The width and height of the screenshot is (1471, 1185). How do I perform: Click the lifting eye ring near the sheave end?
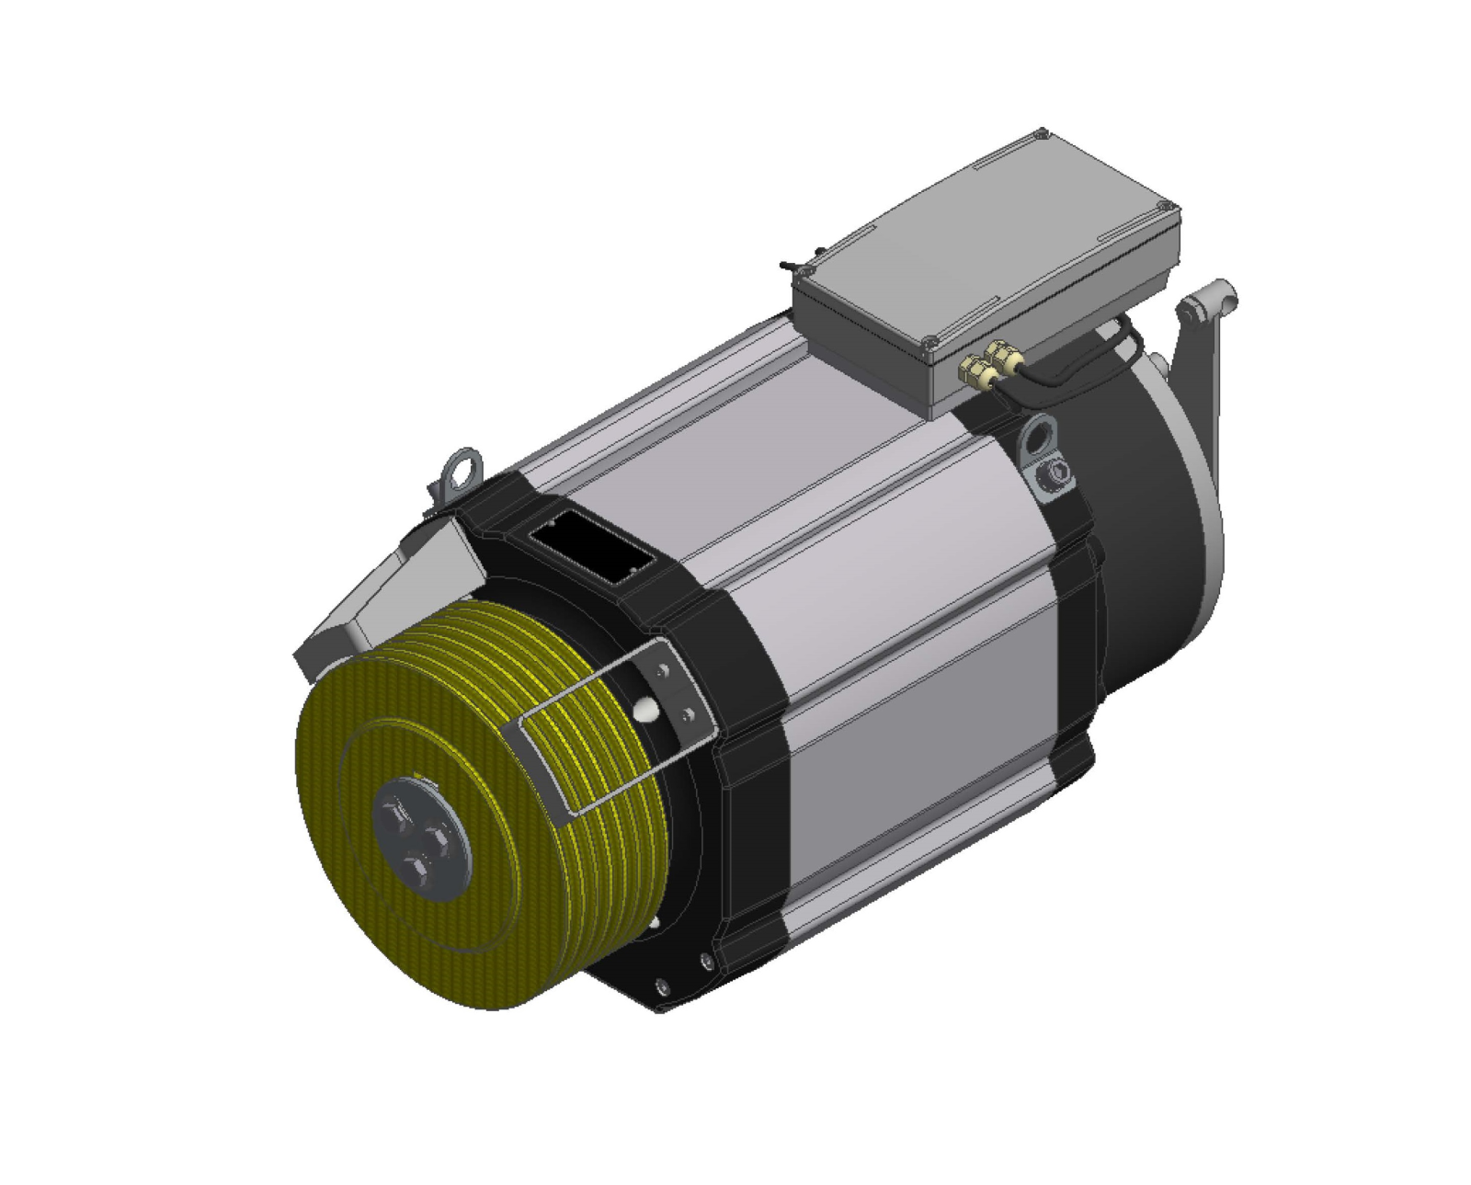(x=462, y=467)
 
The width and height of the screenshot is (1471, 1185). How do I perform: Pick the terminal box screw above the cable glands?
(x=929, y=342)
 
